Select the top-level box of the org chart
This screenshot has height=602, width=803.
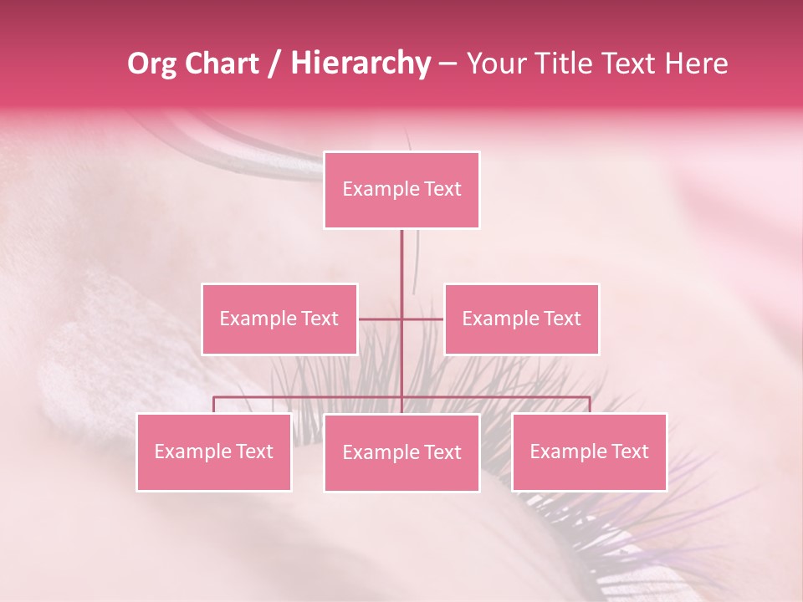401,190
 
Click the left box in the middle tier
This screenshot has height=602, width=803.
279,319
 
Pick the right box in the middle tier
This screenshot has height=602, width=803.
521,319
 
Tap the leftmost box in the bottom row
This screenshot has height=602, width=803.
214,451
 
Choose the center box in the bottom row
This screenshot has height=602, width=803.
401,452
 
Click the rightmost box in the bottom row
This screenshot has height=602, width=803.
589,451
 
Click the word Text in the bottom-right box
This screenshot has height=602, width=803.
629,451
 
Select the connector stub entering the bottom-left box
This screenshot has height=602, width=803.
214,405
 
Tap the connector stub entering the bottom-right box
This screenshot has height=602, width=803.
589,405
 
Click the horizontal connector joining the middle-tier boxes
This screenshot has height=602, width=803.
401,319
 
